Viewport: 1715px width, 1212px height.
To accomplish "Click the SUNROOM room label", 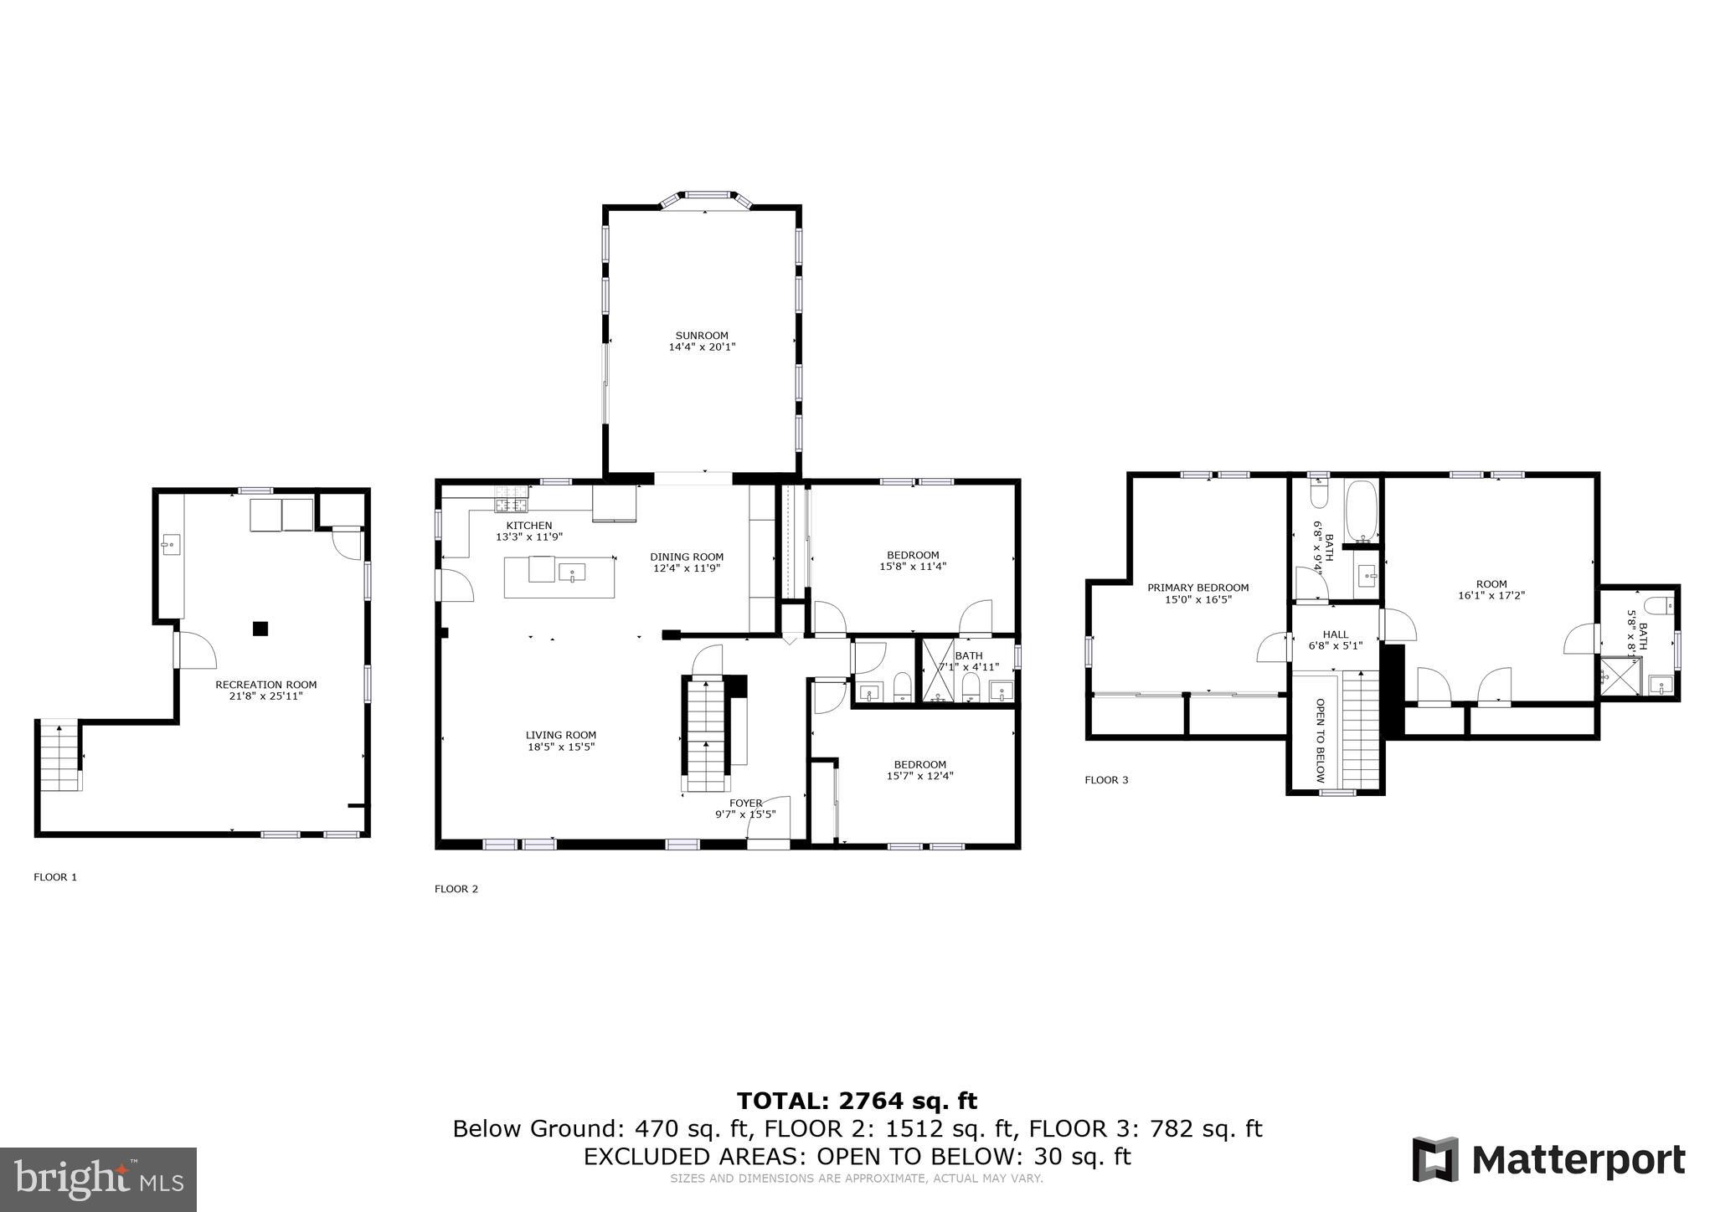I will click(x=702, y=341).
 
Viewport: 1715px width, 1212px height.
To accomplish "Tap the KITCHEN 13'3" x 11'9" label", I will click(x=528, y=531).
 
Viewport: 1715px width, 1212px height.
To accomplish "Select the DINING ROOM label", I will click(x=687, y=562).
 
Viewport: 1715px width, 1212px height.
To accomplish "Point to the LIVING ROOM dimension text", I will click(x=560, y=747).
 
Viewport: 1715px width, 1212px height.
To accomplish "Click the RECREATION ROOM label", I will click(x=265, y=690).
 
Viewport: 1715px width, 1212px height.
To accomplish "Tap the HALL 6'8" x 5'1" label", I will click(x=1335, y=639).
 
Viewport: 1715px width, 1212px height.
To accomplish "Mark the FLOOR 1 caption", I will click(x=55, y=877).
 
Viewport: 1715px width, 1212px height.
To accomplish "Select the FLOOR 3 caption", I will click(x=1106, y=780).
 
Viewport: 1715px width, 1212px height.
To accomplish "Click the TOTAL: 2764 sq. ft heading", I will click(x=857, y=1101).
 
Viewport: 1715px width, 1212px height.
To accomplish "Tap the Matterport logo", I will click(x=1548, y=1160).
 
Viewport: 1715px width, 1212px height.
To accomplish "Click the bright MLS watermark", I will click(x=98, y=1179).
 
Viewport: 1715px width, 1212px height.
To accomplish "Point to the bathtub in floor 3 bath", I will click(x=1361, y=511).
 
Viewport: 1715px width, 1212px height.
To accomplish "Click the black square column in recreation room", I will click(x=260, y=628).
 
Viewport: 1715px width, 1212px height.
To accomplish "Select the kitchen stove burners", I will click(x=511, y=505).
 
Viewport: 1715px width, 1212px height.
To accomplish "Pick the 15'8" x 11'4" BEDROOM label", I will click(x=913, y=560).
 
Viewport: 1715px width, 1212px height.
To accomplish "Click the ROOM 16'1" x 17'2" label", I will click(x=1491, y=589).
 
